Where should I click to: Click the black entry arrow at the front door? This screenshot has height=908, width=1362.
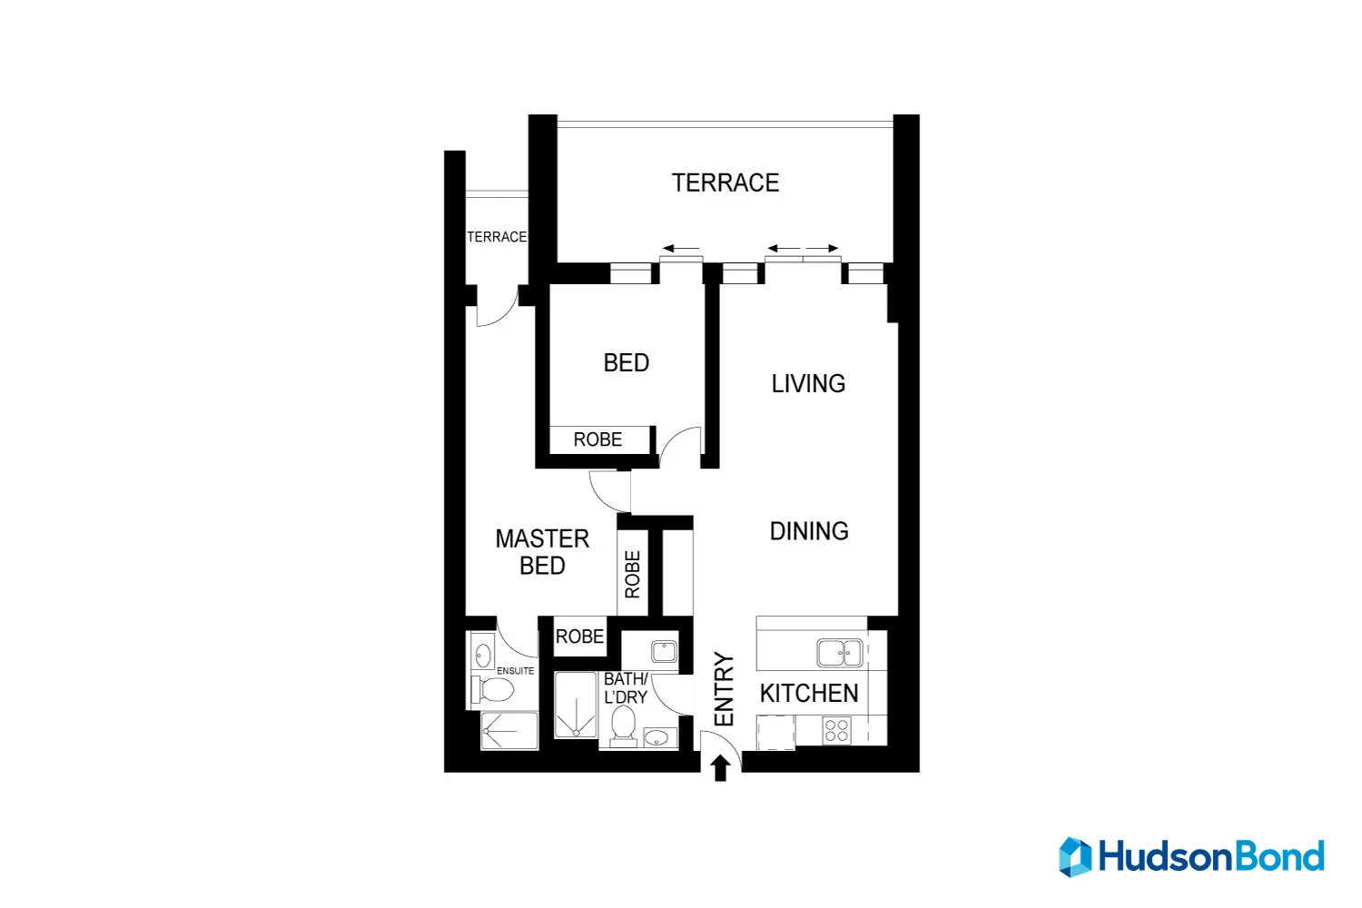coord(721,768)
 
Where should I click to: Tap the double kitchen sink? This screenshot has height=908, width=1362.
coord(839,653)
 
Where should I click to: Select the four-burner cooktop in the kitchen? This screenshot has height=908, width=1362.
coord(836,730)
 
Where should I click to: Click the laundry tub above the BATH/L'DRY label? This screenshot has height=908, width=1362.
coord(664,651)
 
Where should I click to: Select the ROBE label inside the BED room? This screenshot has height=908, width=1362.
coord(597,439)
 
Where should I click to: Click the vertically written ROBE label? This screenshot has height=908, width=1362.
coord(633,574)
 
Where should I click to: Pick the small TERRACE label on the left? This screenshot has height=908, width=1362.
coord(496,237)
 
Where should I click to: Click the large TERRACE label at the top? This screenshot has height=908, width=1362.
coord(725,183)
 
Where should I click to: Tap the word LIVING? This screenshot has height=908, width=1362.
coord(808,384)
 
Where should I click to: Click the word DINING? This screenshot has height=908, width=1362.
coord(809,531)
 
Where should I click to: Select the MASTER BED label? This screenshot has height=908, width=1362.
coord(542,552)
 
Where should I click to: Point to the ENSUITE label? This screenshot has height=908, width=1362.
coord(516,671)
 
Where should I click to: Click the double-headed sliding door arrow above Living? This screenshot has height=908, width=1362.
coord(804,249)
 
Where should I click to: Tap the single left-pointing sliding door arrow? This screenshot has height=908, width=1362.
coord(681,249)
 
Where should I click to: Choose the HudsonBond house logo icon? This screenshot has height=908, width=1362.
coord(1075,857)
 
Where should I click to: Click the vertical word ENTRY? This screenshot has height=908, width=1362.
coord(724,689)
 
